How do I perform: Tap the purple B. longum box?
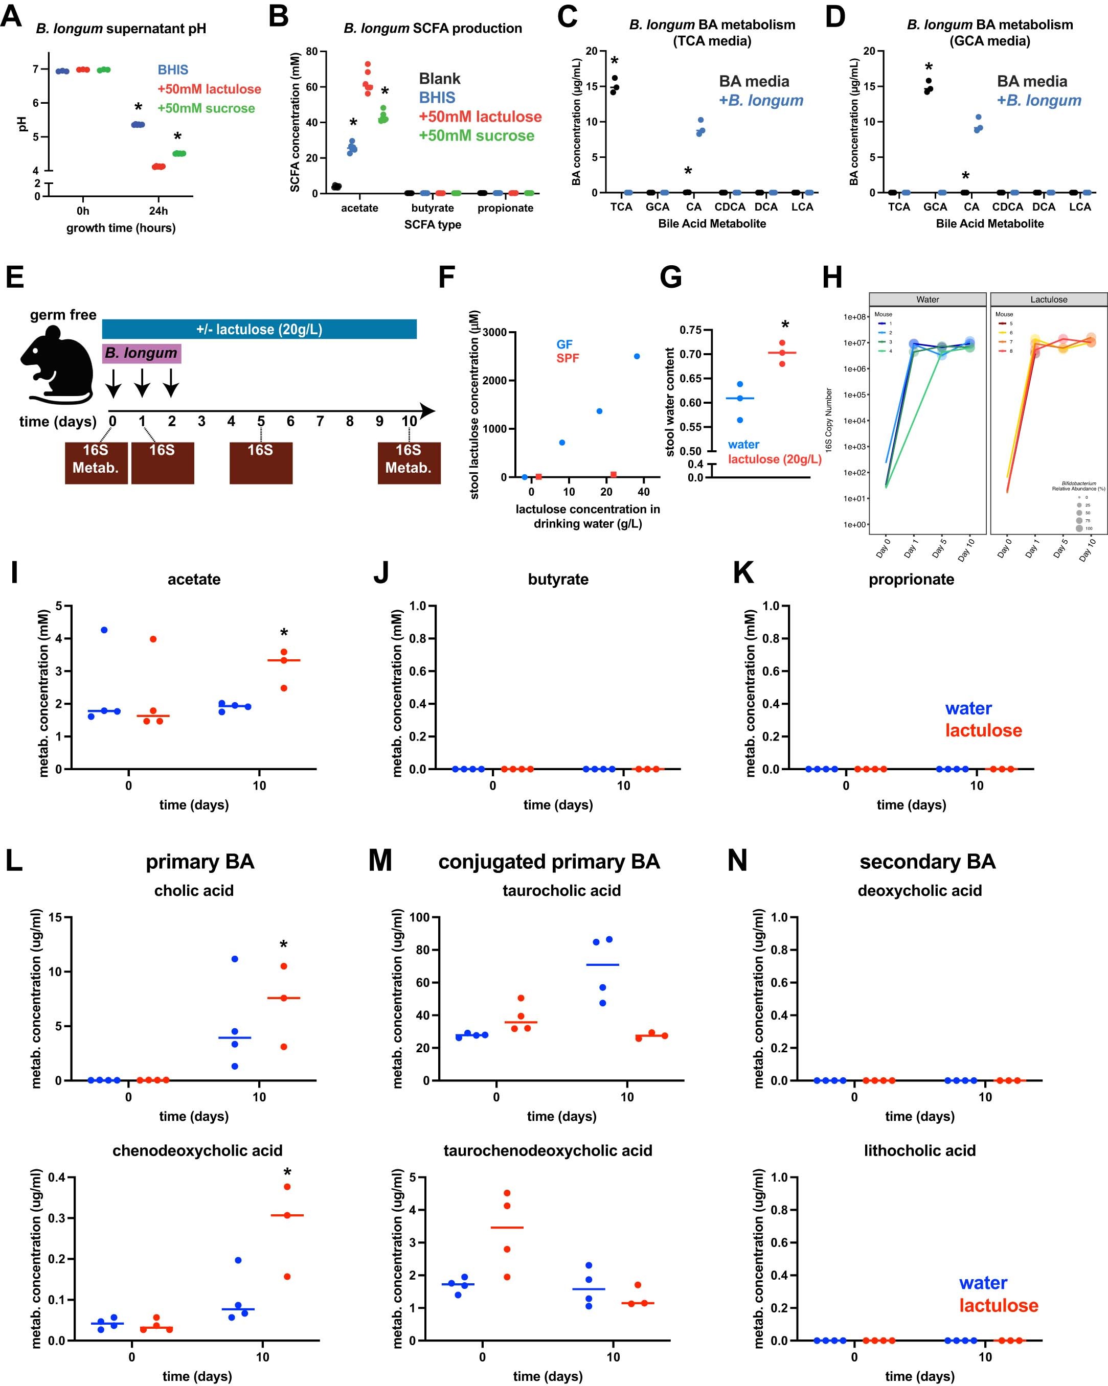[x=142, y=353]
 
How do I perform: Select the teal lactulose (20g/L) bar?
[x=259, y=329]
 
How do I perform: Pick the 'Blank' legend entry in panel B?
[x=440, y=78]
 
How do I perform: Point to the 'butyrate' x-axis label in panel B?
[x=432, y=207]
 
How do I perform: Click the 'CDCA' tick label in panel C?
[x=729, y=207]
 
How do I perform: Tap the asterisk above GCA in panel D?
[x=928, y=67]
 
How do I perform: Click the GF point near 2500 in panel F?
[x=637, y=356]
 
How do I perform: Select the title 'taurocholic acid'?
[x=561, y=890]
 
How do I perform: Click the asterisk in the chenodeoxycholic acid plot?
[x=287, y=1172]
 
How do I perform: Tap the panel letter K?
[x=743, y=573]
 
